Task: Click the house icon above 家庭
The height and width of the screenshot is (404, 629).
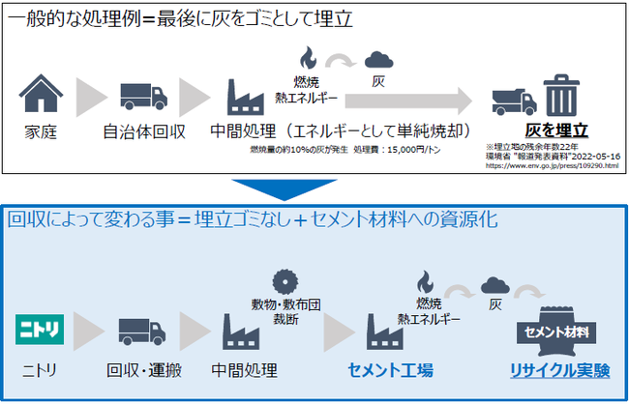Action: tap(40, 95)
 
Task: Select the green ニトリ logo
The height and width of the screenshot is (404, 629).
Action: tap(41, 331)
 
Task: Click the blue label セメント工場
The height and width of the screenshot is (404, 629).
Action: tap(390, 370)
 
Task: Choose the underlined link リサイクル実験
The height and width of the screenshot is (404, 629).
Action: tap(559, 370)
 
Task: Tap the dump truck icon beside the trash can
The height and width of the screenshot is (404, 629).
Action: tap(513, 99)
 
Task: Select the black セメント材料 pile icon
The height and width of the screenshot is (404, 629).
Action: tap(557, 331)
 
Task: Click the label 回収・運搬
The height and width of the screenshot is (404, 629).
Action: tap(139, 370)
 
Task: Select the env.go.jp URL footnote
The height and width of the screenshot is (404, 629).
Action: tap(552, 165)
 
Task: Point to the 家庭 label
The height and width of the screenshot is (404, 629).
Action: tap(40, 131)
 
